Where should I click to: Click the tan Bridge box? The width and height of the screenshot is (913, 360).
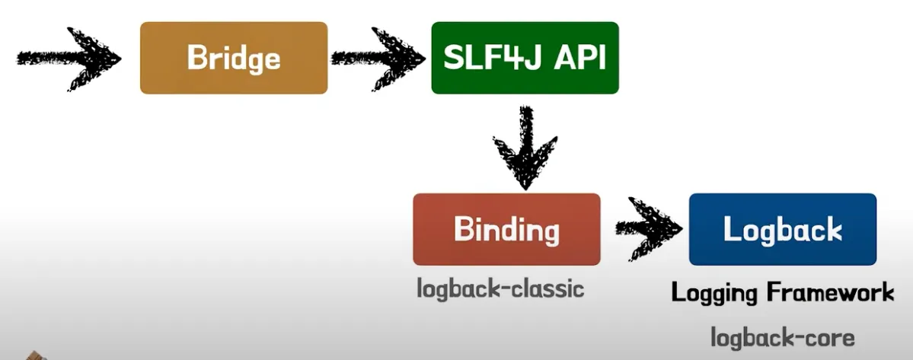pyautogui.click(x=234, y=58)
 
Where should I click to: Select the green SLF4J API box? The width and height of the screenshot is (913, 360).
pyautogui.click(x=525, y=58)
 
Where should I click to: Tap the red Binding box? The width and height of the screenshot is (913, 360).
pyautogui.click(x=506, y=229)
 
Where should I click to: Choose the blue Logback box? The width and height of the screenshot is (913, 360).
pyautogui.click(x=783, y=229)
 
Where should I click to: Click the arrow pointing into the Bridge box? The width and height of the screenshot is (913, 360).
pyautogui.click(x=69, y=59)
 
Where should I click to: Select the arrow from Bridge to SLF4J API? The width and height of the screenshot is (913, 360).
pyautogui.click(x=378, y=59)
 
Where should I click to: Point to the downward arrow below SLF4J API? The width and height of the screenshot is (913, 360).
pyautogui.click(x=525, y=148)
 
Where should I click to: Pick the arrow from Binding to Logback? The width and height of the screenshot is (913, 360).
pyautogui.click(x=649, y=229)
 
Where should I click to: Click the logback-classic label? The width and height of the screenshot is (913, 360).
pyautogui.click(x=500, y=288)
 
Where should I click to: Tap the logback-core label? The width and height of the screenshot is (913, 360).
pyautogui.click(x=782, y=337)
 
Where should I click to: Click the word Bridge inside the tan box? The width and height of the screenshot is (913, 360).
pyautogui.click(x=234, y=59)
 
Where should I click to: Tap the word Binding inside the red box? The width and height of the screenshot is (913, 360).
pyautogui.click(x=506, y=231)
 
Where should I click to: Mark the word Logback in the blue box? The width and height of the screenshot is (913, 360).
pyautogui.click(x=783, y=229)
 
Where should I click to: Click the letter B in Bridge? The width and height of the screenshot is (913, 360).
pyautogui.click(x=196, y=58)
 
